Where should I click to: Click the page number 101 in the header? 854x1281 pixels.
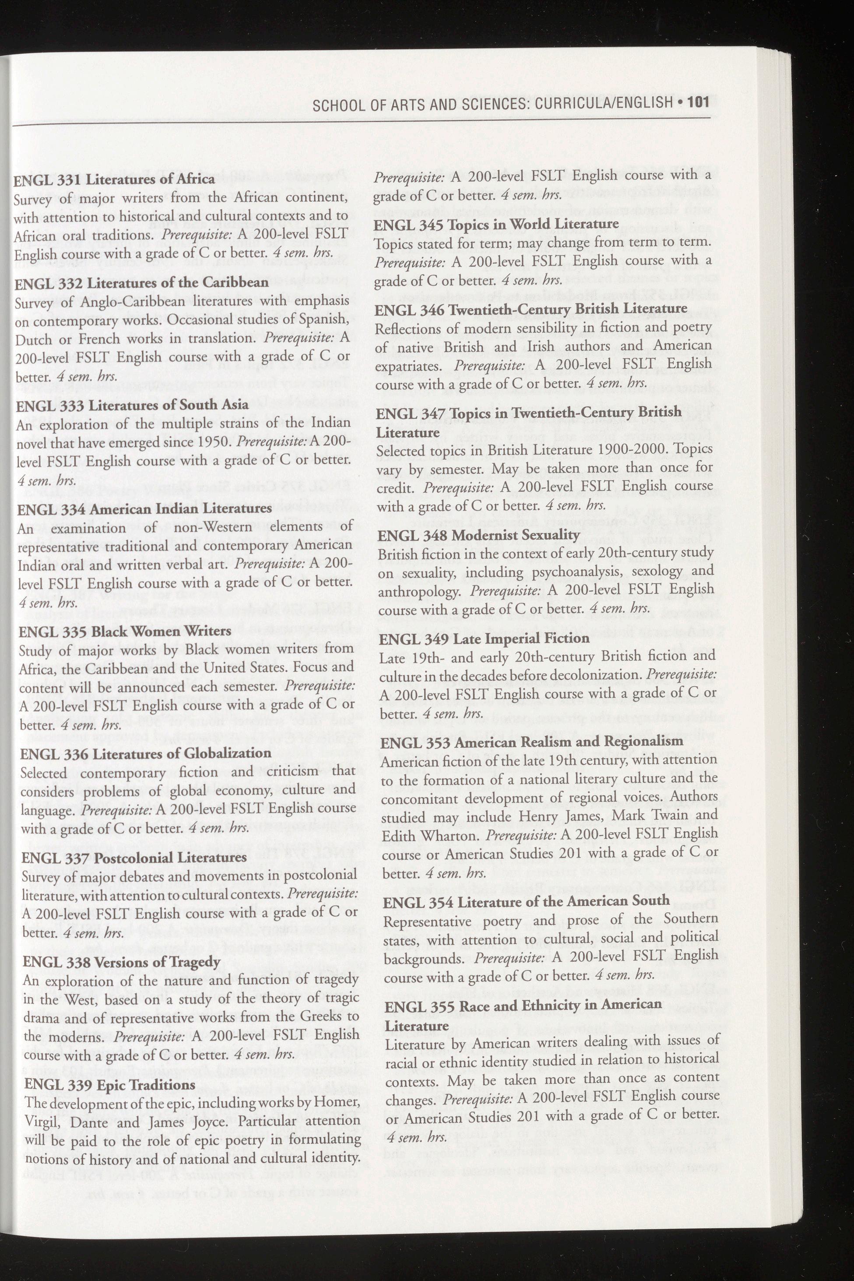[x=698, y=102]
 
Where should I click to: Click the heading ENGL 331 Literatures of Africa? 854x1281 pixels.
[x=114, y=179]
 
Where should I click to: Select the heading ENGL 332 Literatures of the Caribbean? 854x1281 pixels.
[x=142, y=283]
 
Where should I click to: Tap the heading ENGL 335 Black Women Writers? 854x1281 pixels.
[x=125, y=631]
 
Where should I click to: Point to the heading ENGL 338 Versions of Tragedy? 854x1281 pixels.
[x=121, y=962]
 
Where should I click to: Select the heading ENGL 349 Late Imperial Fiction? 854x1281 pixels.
[x=484, y=638]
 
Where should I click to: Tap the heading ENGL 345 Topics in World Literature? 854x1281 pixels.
[x=497, y=224]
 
